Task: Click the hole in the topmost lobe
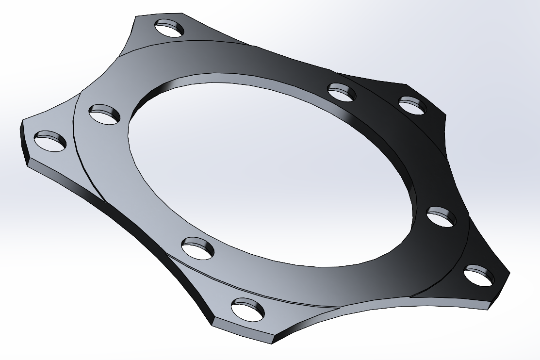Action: tap(169, 29)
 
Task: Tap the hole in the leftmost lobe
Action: tap(50, 141)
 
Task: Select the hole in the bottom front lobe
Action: tap(249, 310)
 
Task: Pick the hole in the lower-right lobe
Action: tap(479, 275)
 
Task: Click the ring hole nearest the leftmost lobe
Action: tap(104, 115)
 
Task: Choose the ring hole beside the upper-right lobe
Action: tap(342, 92)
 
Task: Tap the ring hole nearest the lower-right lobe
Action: tap(441, 216)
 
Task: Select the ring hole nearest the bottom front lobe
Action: tap(198, 247)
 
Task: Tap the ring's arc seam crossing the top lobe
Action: tap(194, 43)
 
